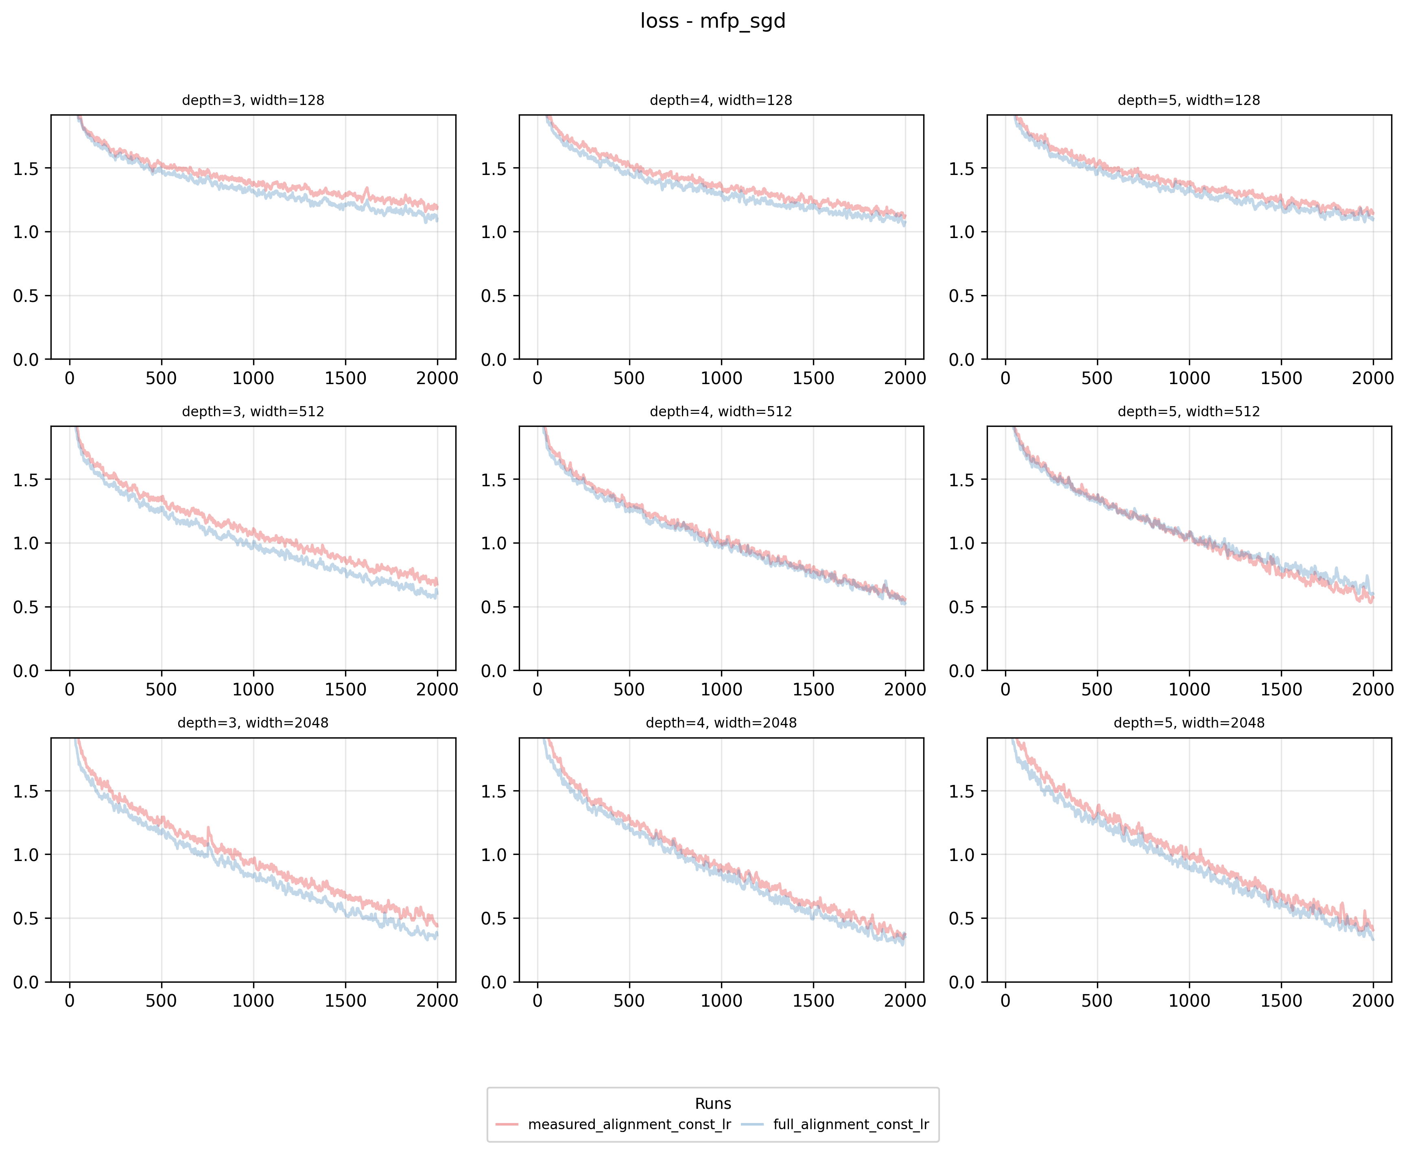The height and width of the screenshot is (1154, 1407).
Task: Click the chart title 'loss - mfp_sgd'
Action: (x=712, y=21)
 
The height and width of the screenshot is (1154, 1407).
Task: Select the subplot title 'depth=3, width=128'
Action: (x=253, y=101)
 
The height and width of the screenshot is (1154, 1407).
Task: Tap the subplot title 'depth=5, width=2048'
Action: (x=1189, y=723)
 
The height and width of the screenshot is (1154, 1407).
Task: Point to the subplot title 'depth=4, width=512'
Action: (x=721, y=411)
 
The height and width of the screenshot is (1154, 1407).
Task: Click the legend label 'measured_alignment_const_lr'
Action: (x=629, y=1124)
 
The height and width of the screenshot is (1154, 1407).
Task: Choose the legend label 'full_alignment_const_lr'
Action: (x=851, y=1124)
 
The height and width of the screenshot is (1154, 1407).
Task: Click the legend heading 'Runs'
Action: (x=712, y=1104)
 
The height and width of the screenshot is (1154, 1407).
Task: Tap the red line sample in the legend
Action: (x=507, y=1124)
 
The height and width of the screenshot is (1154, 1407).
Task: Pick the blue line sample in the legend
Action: (x=752, y=1124)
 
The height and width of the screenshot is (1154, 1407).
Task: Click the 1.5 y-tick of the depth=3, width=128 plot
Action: (x=26, y=169)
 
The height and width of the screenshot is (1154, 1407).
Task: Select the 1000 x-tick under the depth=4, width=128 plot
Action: (x=721, y=378)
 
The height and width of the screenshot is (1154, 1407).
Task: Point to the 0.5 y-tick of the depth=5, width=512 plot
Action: (x=962, y=607)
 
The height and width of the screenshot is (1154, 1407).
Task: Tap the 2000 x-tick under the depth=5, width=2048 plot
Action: (x=1372, y=1001)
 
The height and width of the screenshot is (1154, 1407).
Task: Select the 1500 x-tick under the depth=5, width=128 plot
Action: (x=1281, y=378)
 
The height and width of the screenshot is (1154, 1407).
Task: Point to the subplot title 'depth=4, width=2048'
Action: (x=721, y=723)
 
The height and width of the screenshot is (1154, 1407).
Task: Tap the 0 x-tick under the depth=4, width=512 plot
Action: (x=537, y=689)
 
